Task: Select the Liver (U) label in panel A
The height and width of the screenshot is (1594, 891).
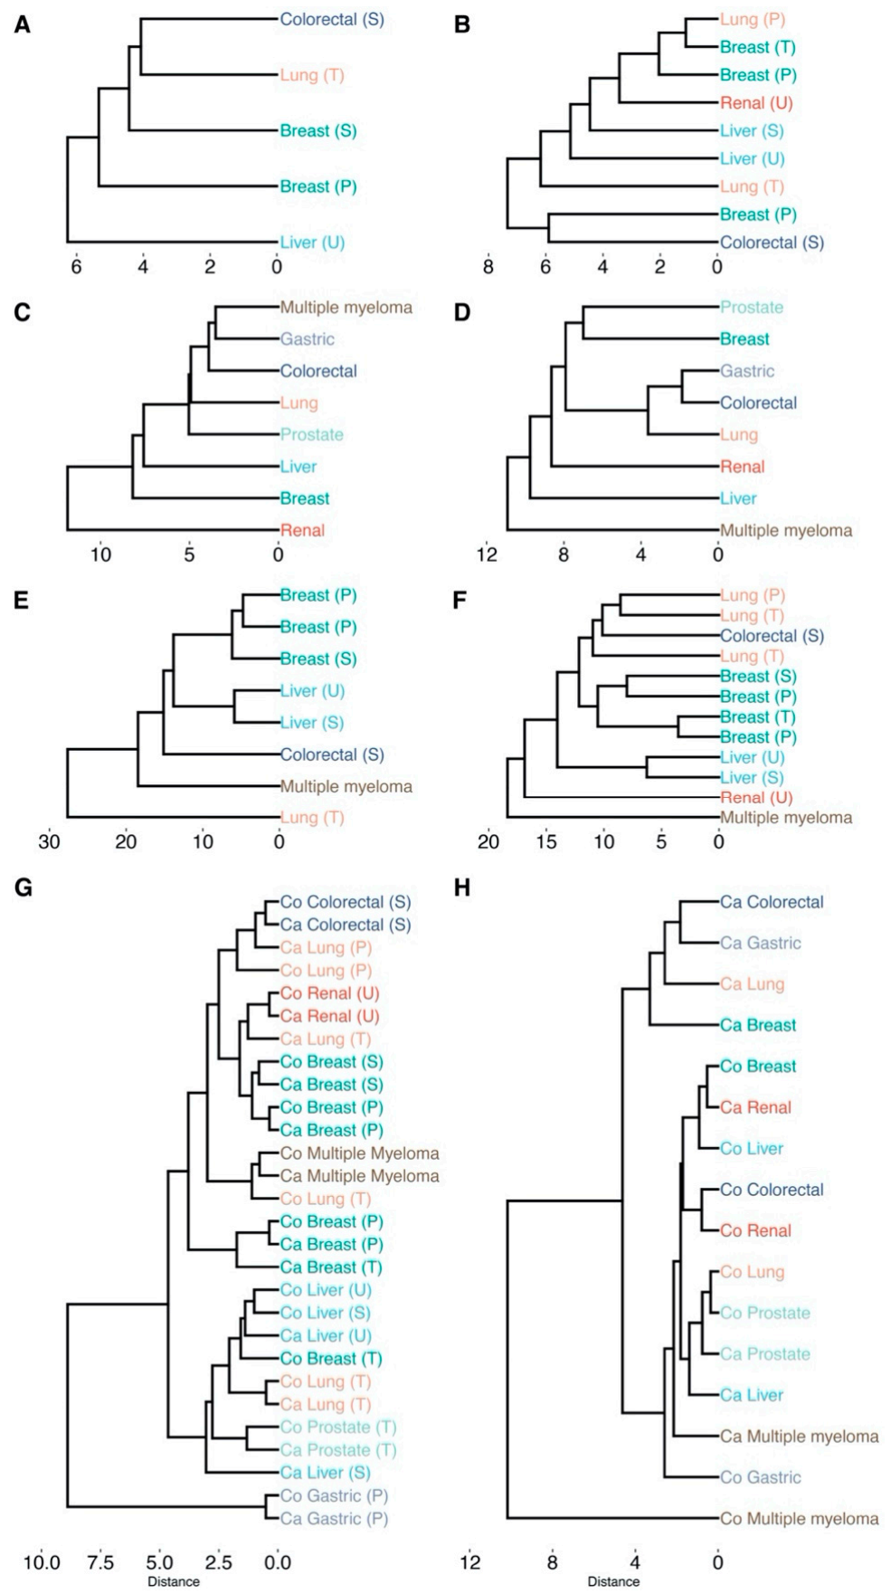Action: tap(312, 242)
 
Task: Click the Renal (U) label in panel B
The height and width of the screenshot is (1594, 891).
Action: tap(755, 103)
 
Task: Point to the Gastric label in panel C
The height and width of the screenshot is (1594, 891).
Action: tap(307, 339)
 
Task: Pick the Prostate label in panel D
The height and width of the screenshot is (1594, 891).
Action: tap(751, 308)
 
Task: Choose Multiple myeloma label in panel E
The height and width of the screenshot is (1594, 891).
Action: tap(346, 786)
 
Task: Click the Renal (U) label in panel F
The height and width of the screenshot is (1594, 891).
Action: tap(755, 798)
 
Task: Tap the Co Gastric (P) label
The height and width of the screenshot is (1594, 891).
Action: tap(334, 1495)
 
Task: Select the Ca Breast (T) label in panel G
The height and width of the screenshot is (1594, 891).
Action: tap(330, 1267)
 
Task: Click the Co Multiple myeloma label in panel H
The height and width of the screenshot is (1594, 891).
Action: tap(799, 1519)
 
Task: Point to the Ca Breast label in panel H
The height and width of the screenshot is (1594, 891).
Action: tap(757, 1025)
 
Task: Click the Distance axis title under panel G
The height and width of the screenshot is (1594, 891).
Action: tap(174, 1581)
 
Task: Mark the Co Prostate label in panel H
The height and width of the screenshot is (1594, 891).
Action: tap(764, 1313)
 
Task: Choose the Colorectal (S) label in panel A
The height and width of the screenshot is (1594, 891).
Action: tap(332, 19)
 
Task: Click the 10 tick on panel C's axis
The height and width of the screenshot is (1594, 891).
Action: tap(100, 554)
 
